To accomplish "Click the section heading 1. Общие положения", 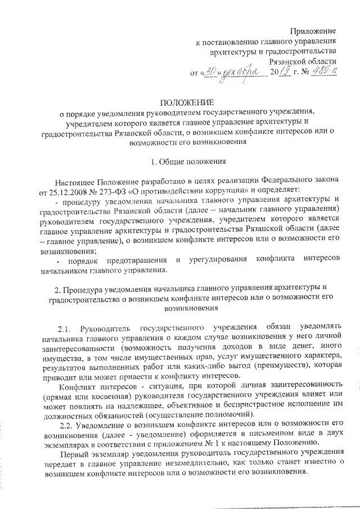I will tap(189, 163).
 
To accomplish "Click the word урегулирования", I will tap(220, 261).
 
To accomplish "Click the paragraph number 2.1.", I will tap(66, 327).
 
